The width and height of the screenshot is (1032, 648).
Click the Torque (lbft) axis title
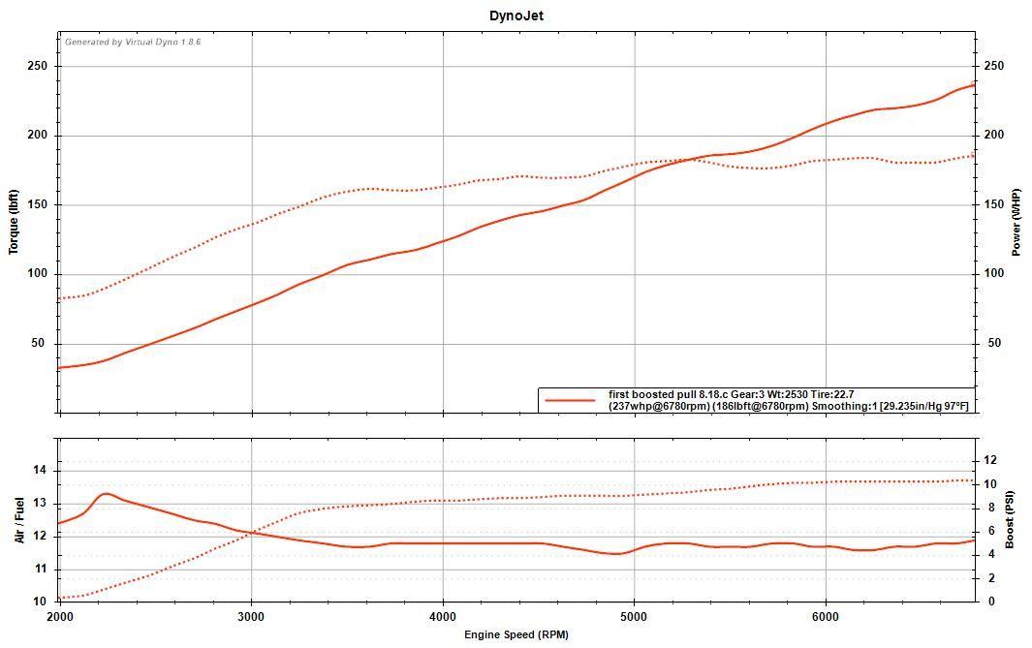(14, 221)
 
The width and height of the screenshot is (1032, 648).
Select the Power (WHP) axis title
(1016, 222)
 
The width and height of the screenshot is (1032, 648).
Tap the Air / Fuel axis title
(19, 520)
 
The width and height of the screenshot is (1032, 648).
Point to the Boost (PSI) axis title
(1009, 519)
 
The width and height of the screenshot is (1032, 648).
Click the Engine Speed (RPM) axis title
(516, 635)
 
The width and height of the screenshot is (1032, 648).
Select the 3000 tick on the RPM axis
(251, 617)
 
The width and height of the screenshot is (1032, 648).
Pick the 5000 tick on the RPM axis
(634, 617)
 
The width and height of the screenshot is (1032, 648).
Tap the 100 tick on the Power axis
(994, 274)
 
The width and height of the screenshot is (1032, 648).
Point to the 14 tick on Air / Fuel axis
(42, 471)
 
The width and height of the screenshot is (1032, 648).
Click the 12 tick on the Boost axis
(989, 460)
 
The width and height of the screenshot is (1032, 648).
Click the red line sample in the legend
(570, 400)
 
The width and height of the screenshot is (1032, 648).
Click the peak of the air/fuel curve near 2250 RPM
(106, 494)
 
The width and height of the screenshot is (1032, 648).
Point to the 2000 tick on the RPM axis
(60, 617)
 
